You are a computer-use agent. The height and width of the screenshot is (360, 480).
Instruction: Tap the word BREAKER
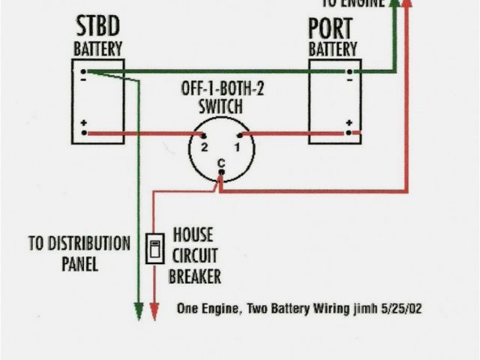click(x=195, y=277)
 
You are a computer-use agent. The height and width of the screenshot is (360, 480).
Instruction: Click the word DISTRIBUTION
click(x=79, y=244)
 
